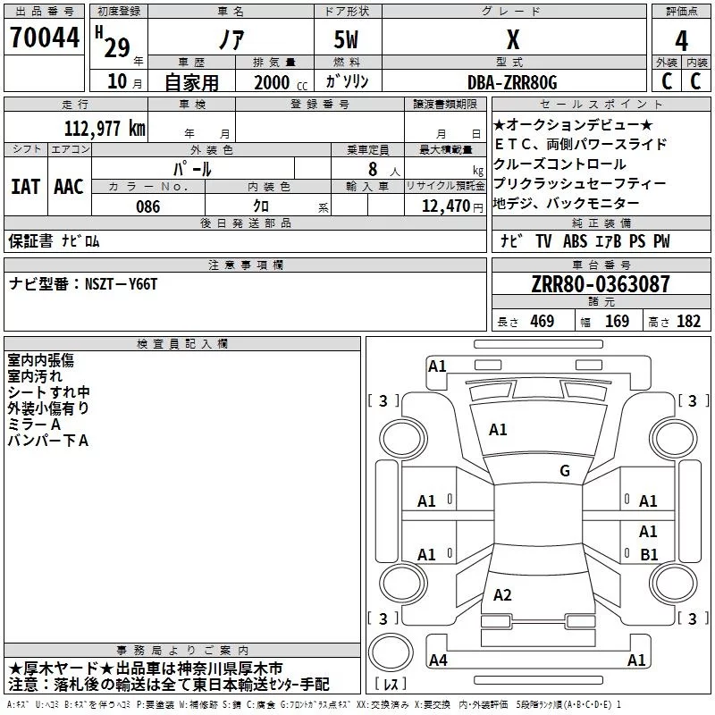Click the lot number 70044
(x=44, y=38)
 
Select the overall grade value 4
(x=681, y=41)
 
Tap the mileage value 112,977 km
(x=105, y=129)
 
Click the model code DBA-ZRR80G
(x=512, y=82)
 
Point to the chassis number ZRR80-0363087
(x=601, y=284)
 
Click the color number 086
(x=147, y=206)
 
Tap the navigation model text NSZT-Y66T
(x=121, y=283)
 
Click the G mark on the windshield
(x=565, y=471)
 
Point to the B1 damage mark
(x=649, y=554)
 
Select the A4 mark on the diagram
(x=438, y=660)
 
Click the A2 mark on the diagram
(x=502, y=595)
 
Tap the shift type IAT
(x=25, y=186)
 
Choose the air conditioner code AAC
(x=69, y=186)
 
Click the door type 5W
(x=347, y=41)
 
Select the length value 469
(x=542, y=322)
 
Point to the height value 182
(x=688, y=322)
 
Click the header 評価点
(x=682, y=12)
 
